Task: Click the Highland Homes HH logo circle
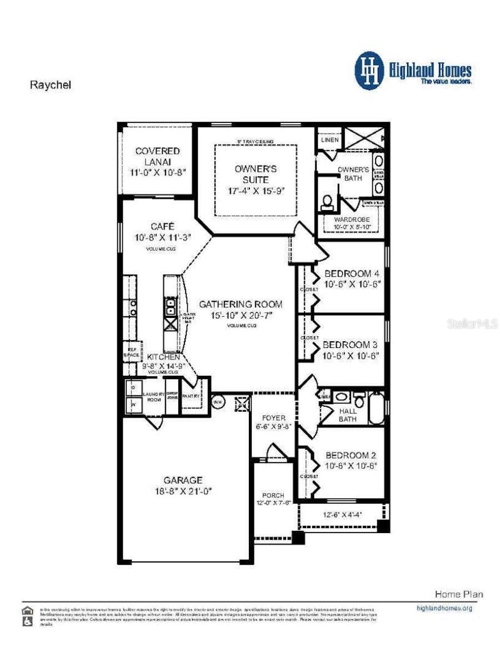pyautogui.click(x=369, y=71)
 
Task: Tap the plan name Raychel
pyautogui.click(x=51, y=85)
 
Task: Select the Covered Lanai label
pyautogui.click(x=157, y=156)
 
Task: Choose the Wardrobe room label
pyautogui.click(x=351, y=220)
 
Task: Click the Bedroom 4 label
pyautogui.click(x=352, y=273)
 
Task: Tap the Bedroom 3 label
pyautogui.click(x=351, y=345)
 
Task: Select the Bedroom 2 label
pyautogui.click(x=352, y=455)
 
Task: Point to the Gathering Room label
pyautogui.click(x=241, y=304)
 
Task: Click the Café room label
pyautogui.click(x=162, y=226)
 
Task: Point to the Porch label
pyautogui.click(x=273, y=495)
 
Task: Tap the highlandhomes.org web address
pyautogui.click(x=444, y=608)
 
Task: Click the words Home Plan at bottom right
pyautogui.click(x=458, y=594)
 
